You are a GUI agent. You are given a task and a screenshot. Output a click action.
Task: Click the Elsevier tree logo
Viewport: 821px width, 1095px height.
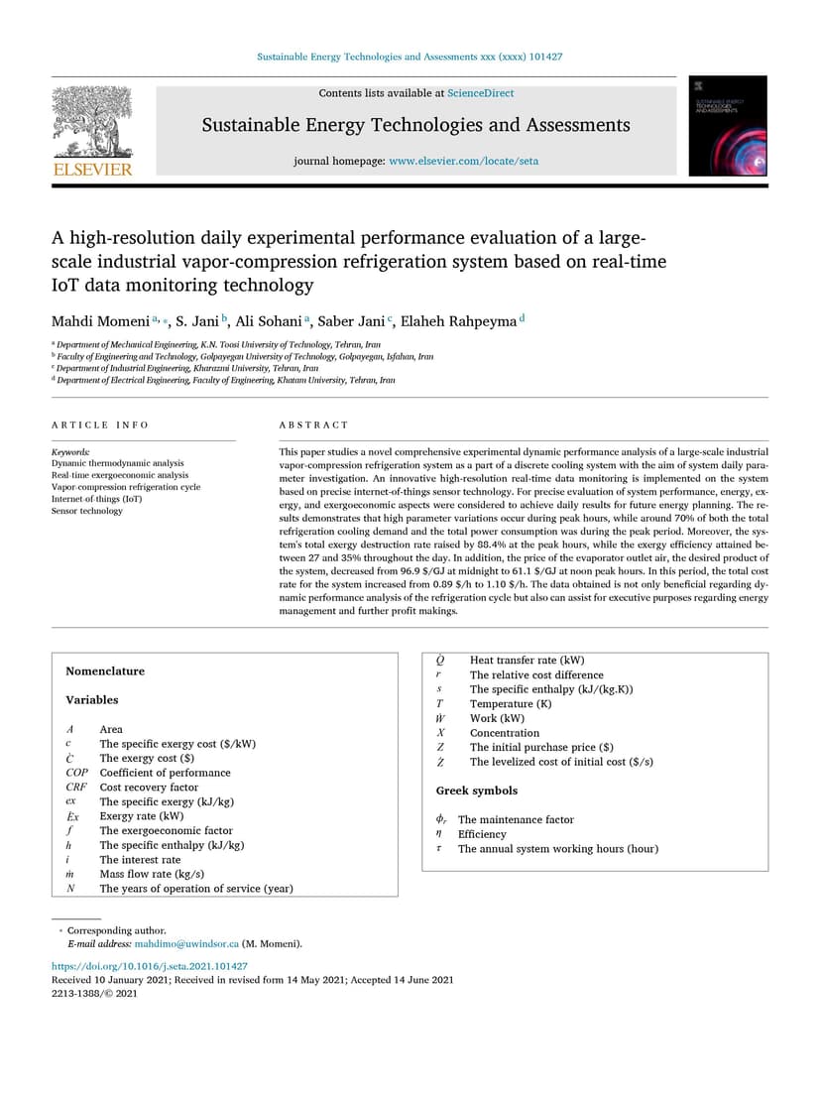point(91,130)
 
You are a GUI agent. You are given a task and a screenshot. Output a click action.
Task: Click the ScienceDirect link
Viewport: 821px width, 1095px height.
point(480,93)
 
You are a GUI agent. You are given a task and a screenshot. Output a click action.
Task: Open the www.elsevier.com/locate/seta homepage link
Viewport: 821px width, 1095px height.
point(463,161)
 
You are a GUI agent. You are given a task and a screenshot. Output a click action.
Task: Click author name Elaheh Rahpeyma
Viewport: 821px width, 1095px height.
point(459,321)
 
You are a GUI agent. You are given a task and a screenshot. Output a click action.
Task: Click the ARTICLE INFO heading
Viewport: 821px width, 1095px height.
point(99,425)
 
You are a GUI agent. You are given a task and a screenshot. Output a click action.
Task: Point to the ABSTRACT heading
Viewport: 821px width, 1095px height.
point(313,425)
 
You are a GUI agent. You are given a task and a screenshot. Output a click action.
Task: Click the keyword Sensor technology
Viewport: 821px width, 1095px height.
point(87,511)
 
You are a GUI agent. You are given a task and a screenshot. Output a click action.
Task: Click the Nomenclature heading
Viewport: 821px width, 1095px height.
point(105,671)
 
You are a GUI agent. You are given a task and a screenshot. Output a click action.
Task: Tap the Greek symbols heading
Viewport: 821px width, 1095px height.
point(477,791)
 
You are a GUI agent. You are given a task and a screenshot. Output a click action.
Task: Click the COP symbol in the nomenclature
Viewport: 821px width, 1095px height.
point(78,773)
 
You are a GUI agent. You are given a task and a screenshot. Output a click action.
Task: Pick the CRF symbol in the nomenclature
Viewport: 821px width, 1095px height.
point(76,788)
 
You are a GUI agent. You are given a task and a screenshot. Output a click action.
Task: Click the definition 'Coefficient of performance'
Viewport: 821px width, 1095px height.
point(165,773)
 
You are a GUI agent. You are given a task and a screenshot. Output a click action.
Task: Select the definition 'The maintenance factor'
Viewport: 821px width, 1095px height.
point(516,820)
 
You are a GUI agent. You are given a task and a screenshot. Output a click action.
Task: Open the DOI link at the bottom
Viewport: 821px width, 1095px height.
point(149,966)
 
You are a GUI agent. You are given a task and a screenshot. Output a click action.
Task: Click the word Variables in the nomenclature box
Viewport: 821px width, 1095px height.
point(92,700)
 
